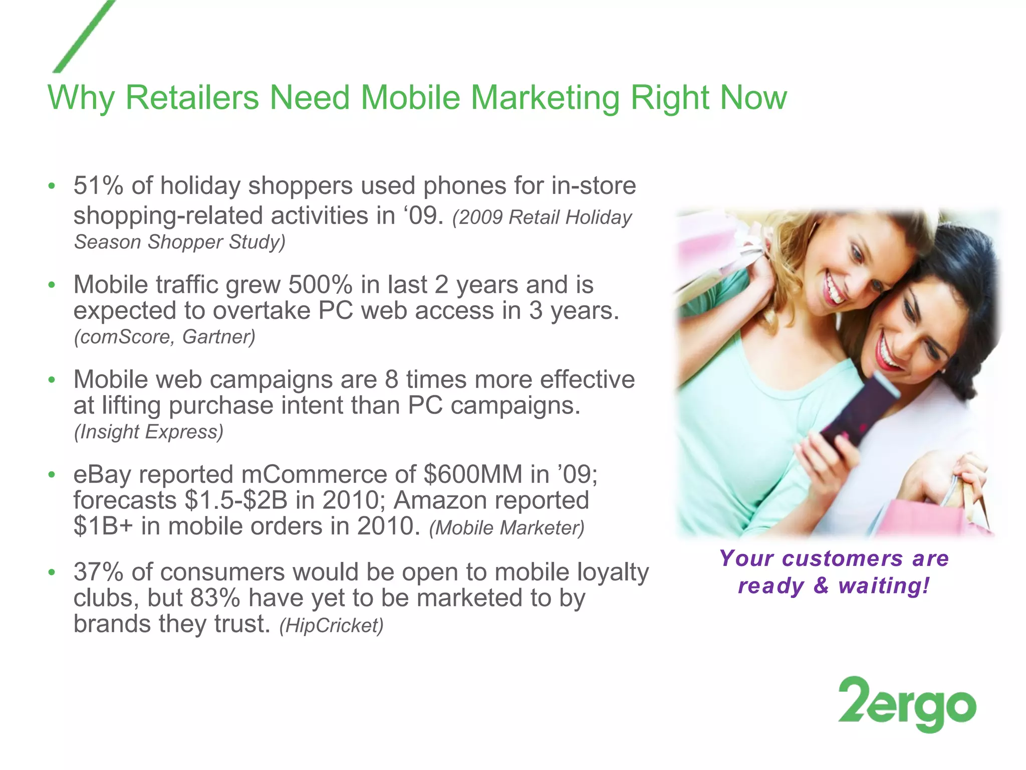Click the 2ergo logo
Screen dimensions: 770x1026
pyautogui.click(x=907, y=704)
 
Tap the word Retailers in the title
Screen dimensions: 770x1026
pyautogui.click(x=192, y=97)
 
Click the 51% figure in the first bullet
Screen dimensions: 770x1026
pyautogui.click(x=98, y=185)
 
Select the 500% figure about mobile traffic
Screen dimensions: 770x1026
pyautogui.click(x=320, y=285)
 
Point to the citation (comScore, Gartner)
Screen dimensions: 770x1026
pyautogui.click(x=165, y=337)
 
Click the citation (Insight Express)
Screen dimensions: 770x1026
pyautogui.click(x=149, y=432)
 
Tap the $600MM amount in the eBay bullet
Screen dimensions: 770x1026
pyautogui.click(x=473, y=474)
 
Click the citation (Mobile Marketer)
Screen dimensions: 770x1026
pyautogui.click(x=506, y=528)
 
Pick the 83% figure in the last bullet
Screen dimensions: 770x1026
pyautogui.click(x=215, y=598)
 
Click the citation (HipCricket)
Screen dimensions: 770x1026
pyautogui.click(x=331, y=626)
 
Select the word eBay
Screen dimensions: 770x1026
pyautogui.click(x=102, y=475)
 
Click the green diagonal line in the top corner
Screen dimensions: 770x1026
pyautogui.click(x=84, y=37)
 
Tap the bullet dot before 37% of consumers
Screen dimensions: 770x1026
pyautogui.click(x=51, y=572)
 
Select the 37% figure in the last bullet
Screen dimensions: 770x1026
pyautogui.click(x=98, y=572)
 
